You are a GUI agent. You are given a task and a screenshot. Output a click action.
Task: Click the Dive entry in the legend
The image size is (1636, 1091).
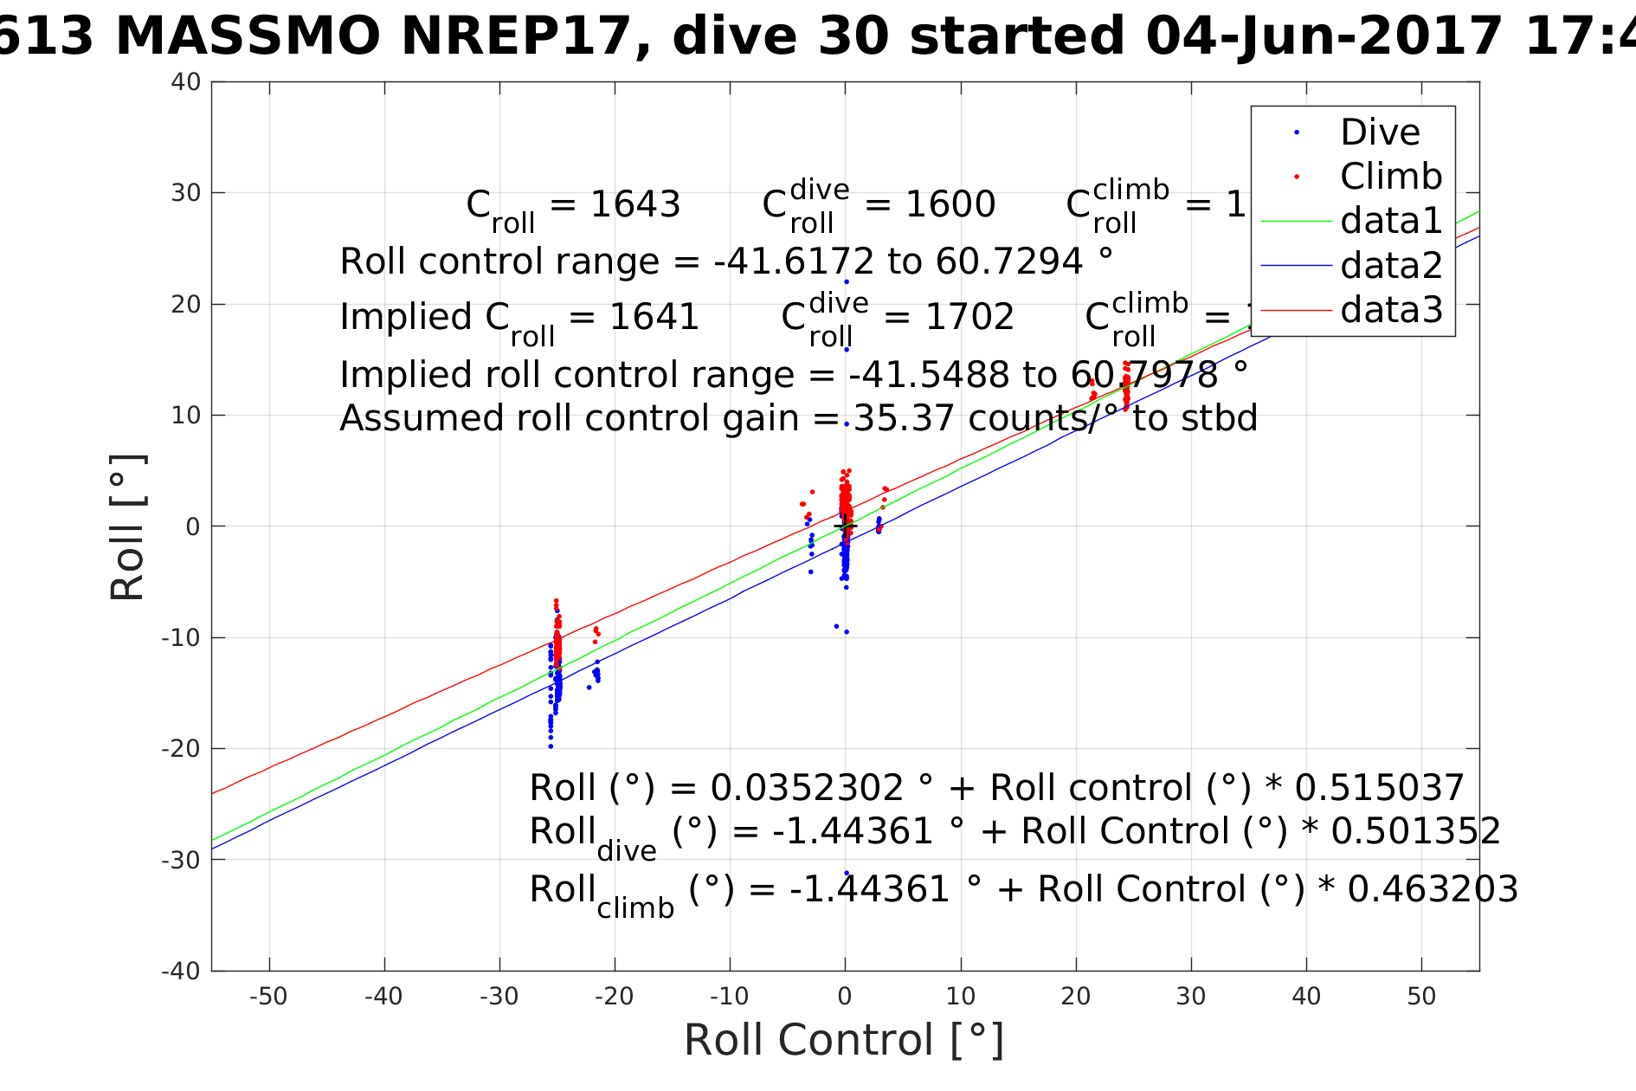pos(1380,132)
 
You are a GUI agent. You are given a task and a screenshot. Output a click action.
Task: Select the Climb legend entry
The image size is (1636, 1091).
pos(1391,177)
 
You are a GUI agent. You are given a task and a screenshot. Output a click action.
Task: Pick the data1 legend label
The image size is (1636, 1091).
pos(1391,221)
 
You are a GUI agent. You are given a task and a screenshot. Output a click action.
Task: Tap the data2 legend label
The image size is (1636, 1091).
pos(1391,265)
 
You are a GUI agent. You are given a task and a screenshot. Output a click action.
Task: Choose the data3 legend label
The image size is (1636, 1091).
pos(1391,309)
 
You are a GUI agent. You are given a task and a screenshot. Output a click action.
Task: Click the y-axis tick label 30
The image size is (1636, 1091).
pos(186,193)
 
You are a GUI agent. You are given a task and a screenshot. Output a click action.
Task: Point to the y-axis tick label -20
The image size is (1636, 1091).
pos(181,749)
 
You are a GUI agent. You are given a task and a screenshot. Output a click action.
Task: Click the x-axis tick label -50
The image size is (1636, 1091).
pos(268,997)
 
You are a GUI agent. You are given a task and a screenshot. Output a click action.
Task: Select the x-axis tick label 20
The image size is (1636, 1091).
pos(1076,997)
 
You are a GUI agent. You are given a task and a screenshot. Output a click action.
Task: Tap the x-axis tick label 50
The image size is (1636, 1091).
pos(1421,997)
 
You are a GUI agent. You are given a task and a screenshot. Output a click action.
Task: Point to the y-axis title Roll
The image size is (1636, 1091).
pos(128,526)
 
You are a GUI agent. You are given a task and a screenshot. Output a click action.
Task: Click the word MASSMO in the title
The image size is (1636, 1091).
pos(248,37)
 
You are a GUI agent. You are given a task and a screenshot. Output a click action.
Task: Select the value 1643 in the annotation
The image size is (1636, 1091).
pos(634,204)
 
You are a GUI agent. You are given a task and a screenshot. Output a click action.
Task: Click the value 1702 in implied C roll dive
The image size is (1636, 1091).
pos(969,317)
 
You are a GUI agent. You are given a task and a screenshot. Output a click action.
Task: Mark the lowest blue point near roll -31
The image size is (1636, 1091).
pos(847,873)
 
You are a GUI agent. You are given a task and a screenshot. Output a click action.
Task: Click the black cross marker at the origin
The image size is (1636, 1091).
pos(846,526)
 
